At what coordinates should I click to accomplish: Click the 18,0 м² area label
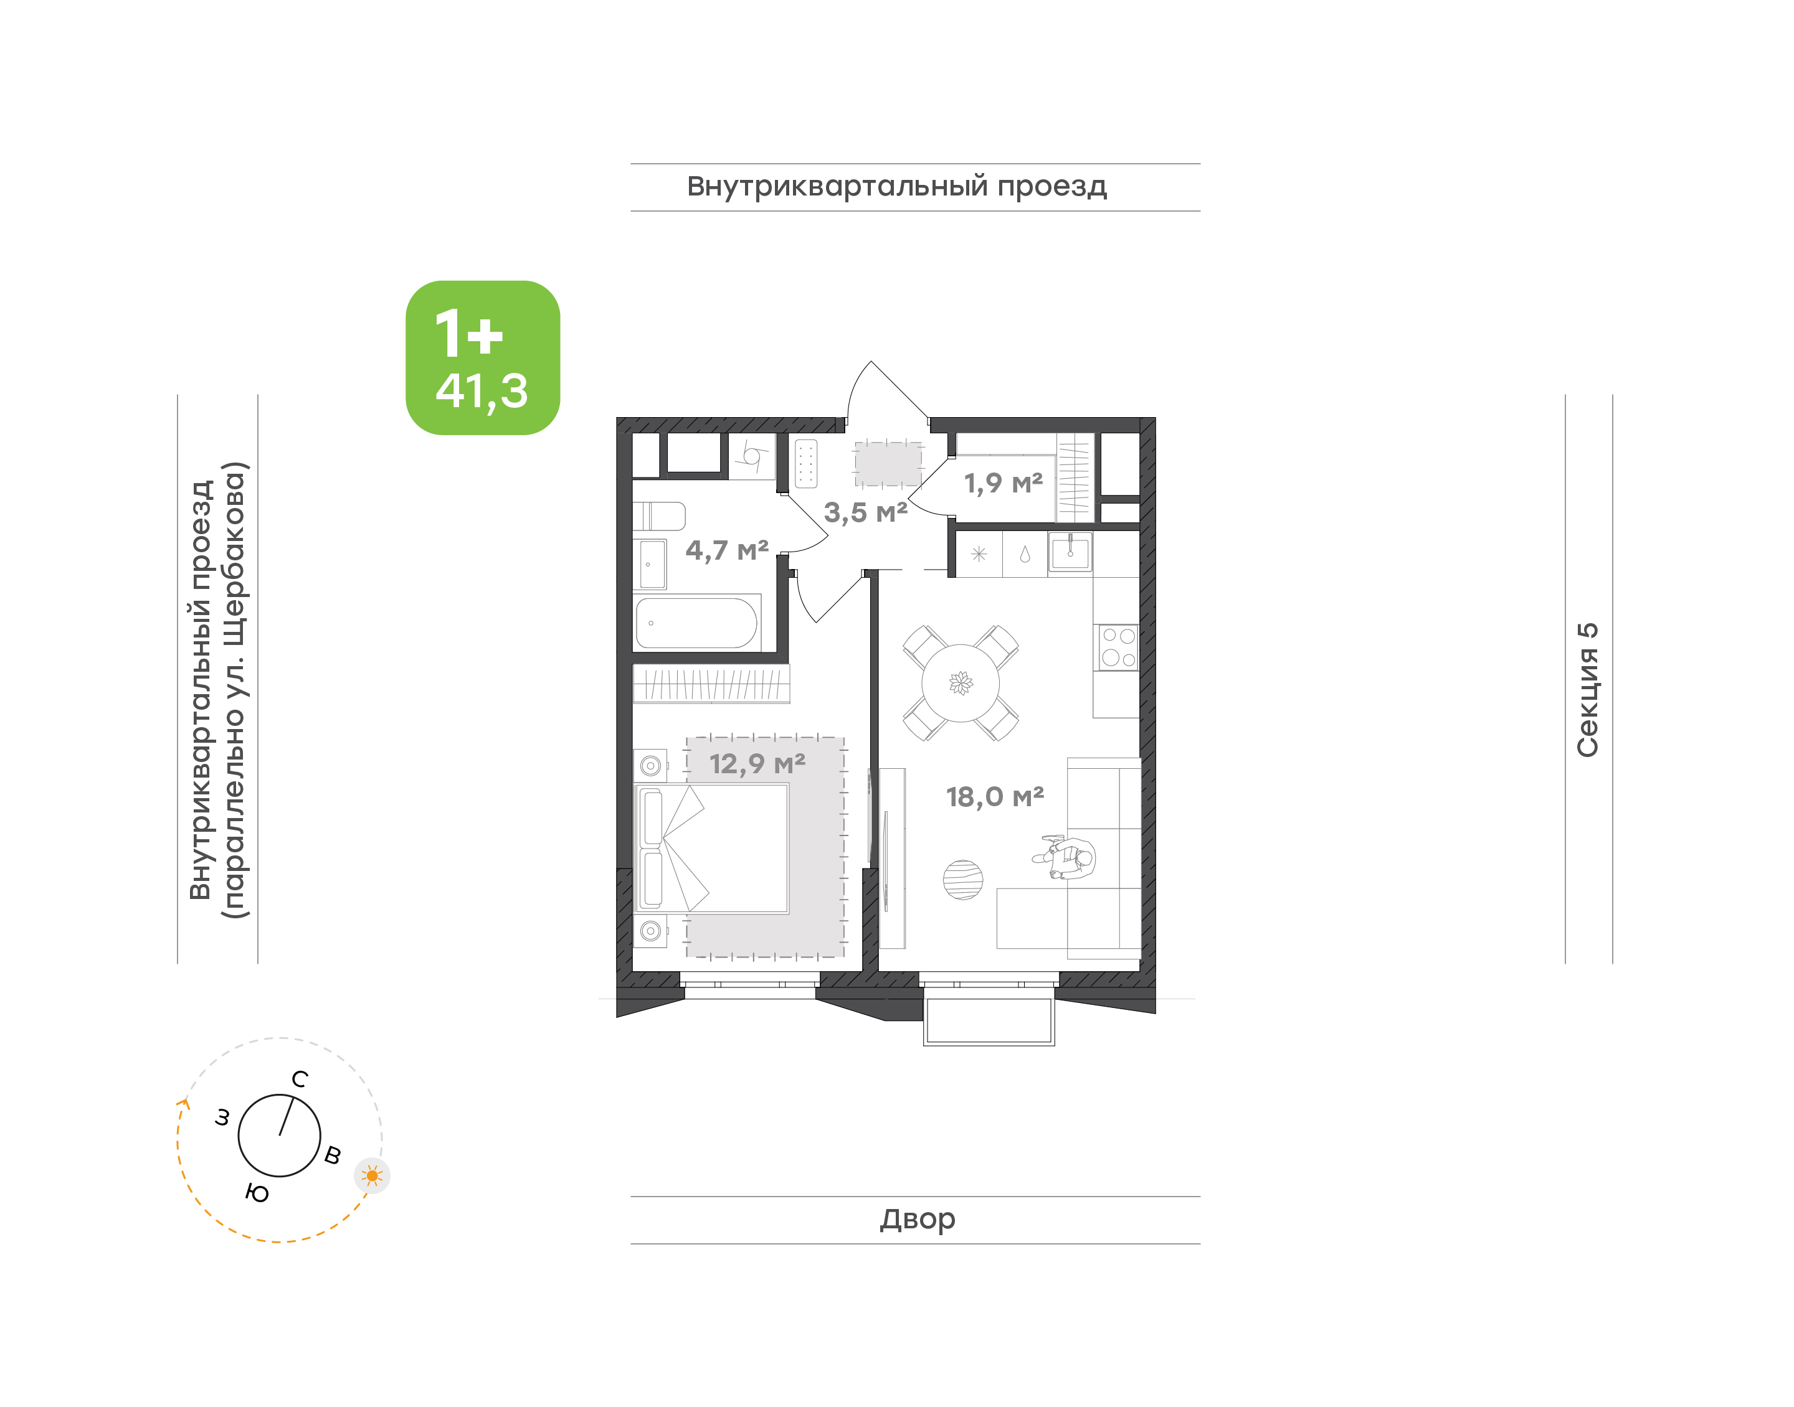click(x=995, y=798)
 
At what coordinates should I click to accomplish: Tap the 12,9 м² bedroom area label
click(x=757, y=765)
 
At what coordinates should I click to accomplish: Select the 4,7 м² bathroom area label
click(x=727, y=550)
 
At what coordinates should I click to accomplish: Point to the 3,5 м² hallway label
click(x=865, y=512)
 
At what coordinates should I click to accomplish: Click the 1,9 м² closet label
click(x=1003, y=482)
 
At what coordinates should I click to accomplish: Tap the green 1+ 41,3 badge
click(x=483, y=357)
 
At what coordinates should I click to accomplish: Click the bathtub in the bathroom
click(x=697, y=623)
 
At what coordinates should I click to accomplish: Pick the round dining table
click(x=960, y=683)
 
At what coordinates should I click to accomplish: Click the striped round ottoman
click(x=962, y=880)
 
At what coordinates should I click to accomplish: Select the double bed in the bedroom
click(x=711, y=849)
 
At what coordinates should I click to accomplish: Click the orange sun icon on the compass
click(x=373, y=1175)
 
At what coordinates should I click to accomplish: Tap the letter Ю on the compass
click(x=257, y=1193)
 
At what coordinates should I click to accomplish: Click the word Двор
click(x=917, y=1219)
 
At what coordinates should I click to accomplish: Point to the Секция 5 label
click(x=1587, y=690)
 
